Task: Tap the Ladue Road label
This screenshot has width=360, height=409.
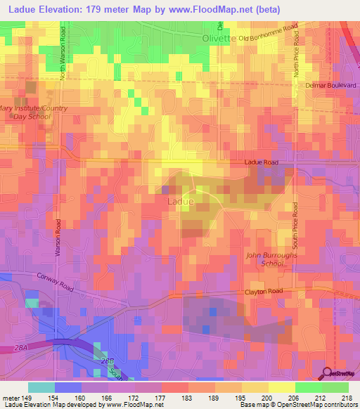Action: coord(262,162)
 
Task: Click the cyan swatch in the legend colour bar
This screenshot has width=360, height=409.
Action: coord(41,387)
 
